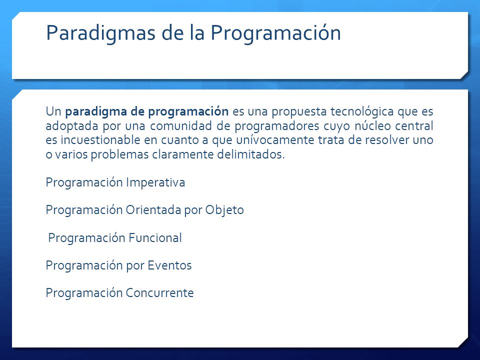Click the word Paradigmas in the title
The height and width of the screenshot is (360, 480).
click(x=100, y=33)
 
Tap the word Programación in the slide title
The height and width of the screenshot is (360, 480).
click(x=275, y=33)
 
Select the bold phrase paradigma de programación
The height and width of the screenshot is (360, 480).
click(x=146, y=112)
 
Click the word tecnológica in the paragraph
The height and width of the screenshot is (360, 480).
click(x=362, y=112)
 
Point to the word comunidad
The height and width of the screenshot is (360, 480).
click(x=181, y=126)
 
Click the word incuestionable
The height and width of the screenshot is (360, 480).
click(x=100, y=140)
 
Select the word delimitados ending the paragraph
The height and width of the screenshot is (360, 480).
click(x=251, y=154)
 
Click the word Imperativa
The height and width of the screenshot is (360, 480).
click(x=155, y=183)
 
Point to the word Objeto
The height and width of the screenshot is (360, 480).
click(x=224, y=210)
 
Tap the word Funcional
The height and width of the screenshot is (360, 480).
click(x=155, y=238)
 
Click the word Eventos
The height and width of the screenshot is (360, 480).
click(x=169, y=265)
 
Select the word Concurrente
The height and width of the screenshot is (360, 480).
click(x=159, y=293)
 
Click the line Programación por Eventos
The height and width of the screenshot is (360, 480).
click(x=119, y=266)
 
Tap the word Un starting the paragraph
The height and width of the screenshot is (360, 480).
click(x=53, y=111)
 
